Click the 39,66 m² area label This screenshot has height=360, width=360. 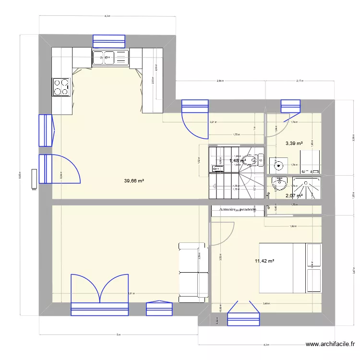[x=134, y=181]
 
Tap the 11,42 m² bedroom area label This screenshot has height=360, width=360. [x=264, y=261]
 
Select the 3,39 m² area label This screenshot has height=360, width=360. [x=294, y=143]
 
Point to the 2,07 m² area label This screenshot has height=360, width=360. [x=294, y=196]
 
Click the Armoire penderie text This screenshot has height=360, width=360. [x=238, y=210]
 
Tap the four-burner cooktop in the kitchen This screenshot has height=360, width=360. [x=61, y=87]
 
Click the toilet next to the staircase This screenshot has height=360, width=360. [x=252, y=160]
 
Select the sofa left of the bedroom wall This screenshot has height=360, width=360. [x=193, y=272]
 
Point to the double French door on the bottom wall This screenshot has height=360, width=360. [x=100, y=295]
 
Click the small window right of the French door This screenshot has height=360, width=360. [x=159, y=309]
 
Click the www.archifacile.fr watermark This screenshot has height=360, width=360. [x=331, y=344]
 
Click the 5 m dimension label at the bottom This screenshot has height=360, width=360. [x=118, y=335]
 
